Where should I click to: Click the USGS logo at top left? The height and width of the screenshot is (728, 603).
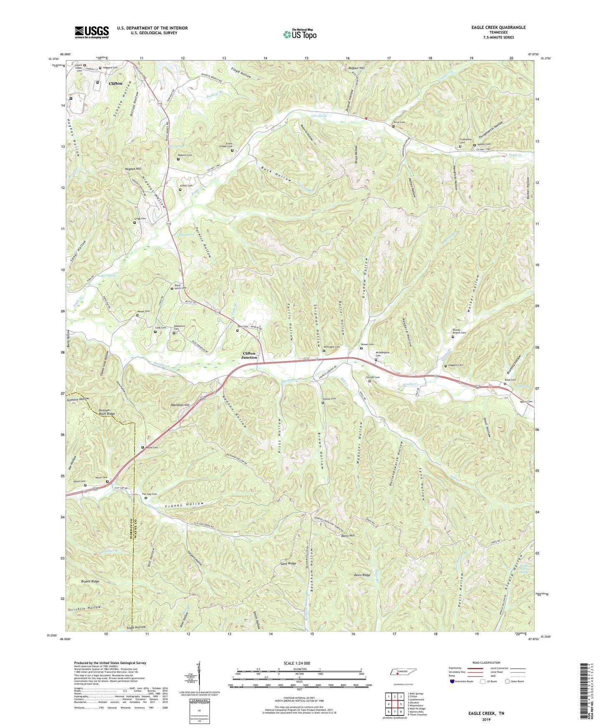click(x=91, y=32)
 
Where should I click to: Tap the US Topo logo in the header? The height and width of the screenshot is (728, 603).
click(x=299, y=34)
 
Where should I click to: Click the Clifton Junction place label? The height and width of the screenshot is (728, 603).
click(x=250, y=355)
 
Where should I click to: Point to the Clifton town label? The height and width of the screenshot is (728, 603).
click(x=116, y=83)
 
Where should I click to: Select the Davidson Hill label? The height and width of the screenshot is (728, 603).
click(x=178, y=405)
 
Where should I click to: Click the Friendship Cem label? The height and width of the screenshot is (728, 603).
click(x=465, y=141)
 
